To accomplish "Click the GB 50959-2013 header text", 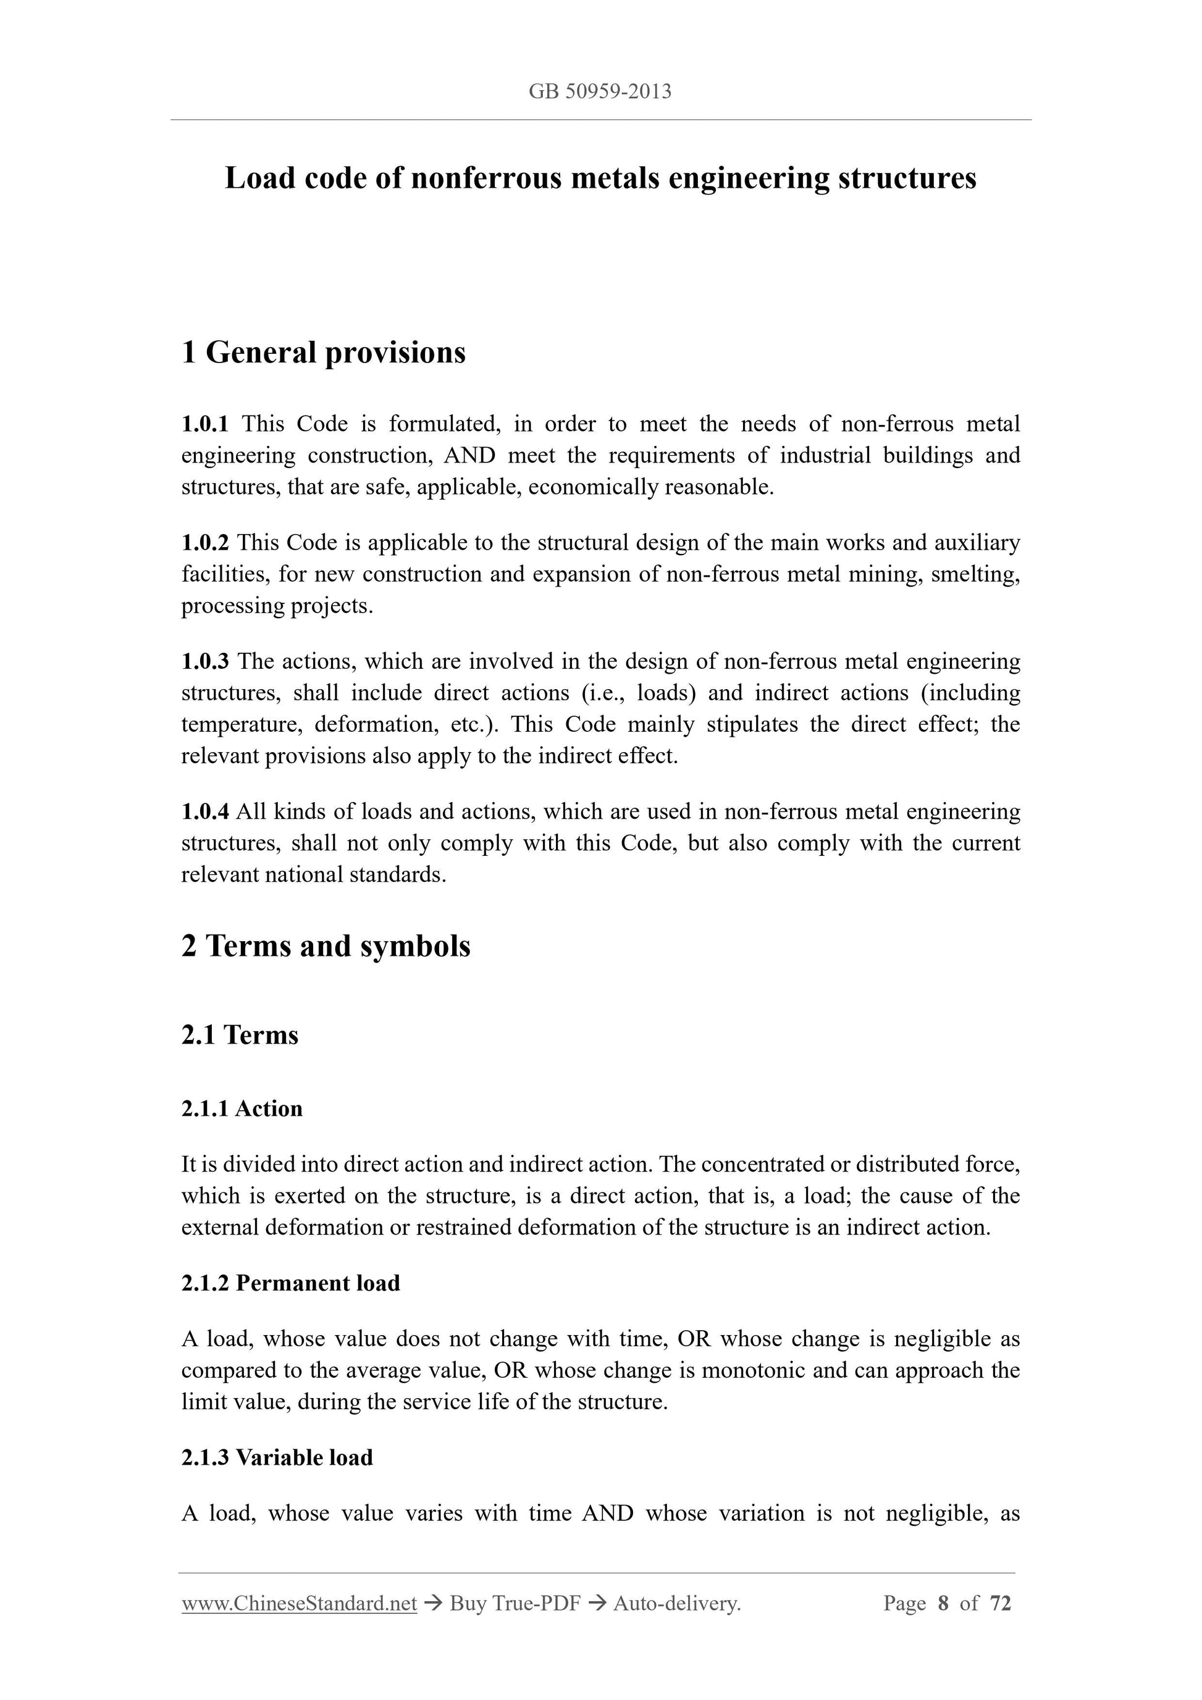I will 600,91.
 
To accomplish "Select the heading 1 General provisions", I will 324,353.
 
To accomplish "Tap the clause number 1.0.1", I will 205,424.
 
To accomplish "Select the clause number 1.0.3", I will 205,661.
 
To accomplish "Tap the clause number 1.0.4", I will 205,811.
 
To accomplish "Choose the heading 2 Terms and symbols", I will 326,946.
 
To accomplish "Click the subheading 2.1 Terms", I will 240,1034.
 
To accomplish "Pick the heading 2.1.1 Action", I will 242,1108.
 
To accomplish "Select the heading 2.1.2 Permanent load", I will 290,1283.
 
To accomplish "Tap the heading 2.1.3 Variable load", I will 277,1457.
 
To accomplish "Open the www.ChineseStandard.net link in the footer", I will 299,1604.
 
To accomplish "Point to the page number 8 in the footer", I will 943,1604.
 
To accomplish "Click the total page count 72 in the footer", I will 1001,1604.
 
